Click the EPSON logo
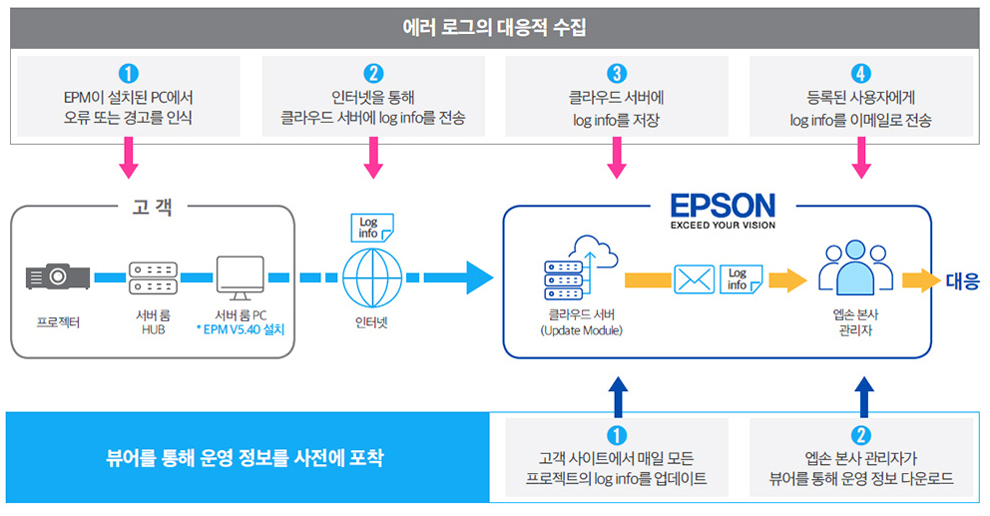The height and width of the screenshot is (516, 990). pos(723,211)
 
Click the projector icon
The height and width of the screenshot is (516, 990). pos(58,276)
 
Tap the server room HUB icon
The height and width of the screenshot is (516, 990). pos(153,277)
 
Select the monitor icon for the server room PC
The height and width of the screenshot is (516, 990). pos(240,277)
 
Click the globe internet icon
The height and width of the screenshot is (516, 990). pos(372,277)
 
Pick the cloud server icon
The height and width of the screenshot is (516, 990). pos(581,267)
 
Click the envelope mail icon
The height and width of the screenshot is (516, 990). pos(695,279)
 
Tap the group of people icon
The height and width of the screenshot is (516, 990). pos(855,267)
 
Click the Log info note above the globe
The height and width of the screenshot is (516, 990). pos(372,228)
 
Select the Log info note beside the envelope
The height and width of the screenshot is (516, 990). pos(742,279)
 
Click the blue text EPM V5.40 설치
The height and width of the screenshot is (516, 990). pos(241,329)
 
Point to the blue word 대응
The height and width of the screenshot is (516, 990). pos(962,281)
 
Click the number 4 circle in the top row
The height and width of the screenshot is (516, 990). pos(860,73)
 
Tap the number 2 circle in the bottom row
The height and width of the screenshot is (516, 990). pos(860,435)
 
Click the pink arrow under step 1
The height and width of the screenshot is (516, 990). pos(128,158)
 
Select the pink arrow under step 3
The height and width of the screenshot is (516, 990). pos(616,158)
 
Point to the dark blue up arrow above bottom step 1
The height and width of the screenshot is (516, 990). pos(617,396)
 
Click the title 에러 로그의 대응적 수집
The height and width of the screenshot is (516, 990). pos(494,28)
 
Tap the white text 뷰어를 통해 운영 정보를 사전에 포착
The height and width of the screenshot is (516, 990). pos(245,458)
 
